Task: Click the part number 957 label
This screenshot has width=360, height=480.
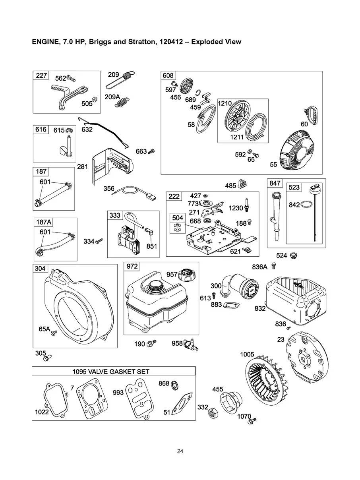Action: [x=172, y=275]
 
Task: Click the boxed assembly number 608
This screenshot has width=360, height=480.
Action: [x=168, y=75]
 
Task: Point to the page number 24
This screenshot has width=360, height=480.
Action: [x=180, y=451]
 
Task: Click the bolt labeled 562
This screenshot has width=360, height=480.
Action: [x=71, y=78]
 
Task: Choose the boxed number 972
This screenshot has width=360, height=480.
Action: [x=132, y=266]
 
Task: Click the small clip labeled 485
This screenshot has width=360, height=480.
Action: [x=243, y=185]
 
